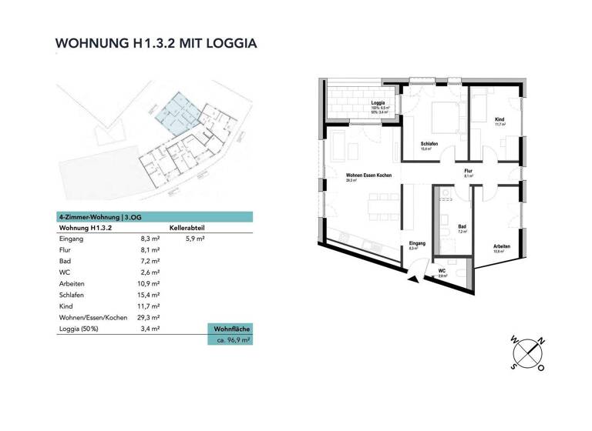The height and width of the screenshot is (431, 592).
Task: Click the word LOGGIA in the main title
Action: pos(229,44)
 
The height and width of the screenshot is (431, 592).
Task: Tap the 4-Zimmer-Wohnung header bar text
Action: pos(100,217)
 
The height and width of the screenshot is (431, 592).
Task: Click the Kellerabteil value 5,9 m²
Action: pos(195,239)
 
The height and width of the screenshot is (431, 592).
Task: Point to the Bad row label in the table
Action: pos(66,262)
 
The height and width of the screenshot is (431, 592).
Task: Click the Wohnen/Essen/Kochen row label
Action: pos(92,317)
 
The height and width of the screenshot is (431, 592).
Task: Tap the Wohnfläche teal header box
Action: pos(230,329)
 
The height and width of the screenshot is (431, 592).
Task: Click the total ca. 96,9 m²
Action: pos(230,339)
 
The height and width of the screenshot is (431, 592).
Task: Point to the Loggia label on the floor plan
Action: pos(378,103)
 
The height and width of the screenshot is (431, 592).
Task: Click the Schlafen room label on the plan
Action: pos(429,144)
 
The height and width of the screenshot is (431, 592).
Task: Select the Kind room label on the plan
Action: pos(499,120)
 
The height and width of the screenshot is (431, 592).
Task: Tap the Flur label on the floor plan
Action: pos(468,170)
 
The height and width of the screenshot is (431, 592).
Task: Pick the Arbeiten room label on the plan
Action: pos(502,246)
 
